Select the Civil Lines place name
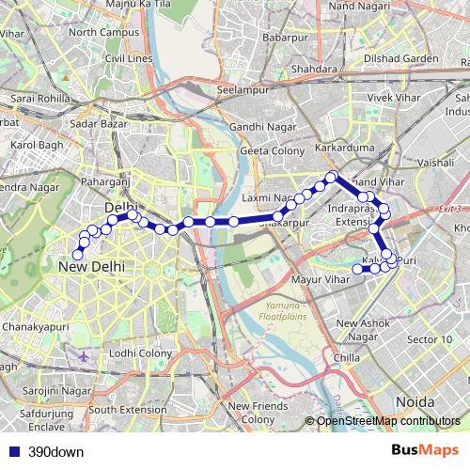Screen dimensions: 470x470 129,58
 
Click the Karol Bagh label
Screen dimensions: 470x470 34,146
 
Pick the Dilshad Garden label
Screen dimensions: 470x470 402,58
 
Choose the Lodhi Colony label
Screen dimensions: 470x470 141,352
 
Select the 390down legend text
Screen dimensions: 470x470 55,451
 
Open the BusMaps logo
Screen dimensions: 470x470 426,450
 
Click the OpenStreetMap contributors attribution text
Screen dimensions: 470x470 388,421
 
